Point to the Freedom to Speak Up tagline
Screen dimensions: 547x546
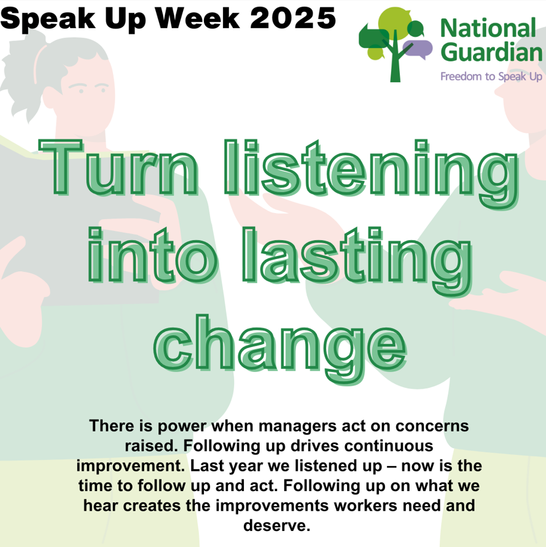(x=491, y=77)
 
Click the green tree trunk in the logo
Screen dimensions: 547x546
(x=396, y=68)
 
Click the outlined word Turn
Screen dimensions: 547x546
(x=120, y=168)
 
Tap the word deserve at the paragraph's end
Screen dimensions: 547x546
(x=275, y=526)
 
